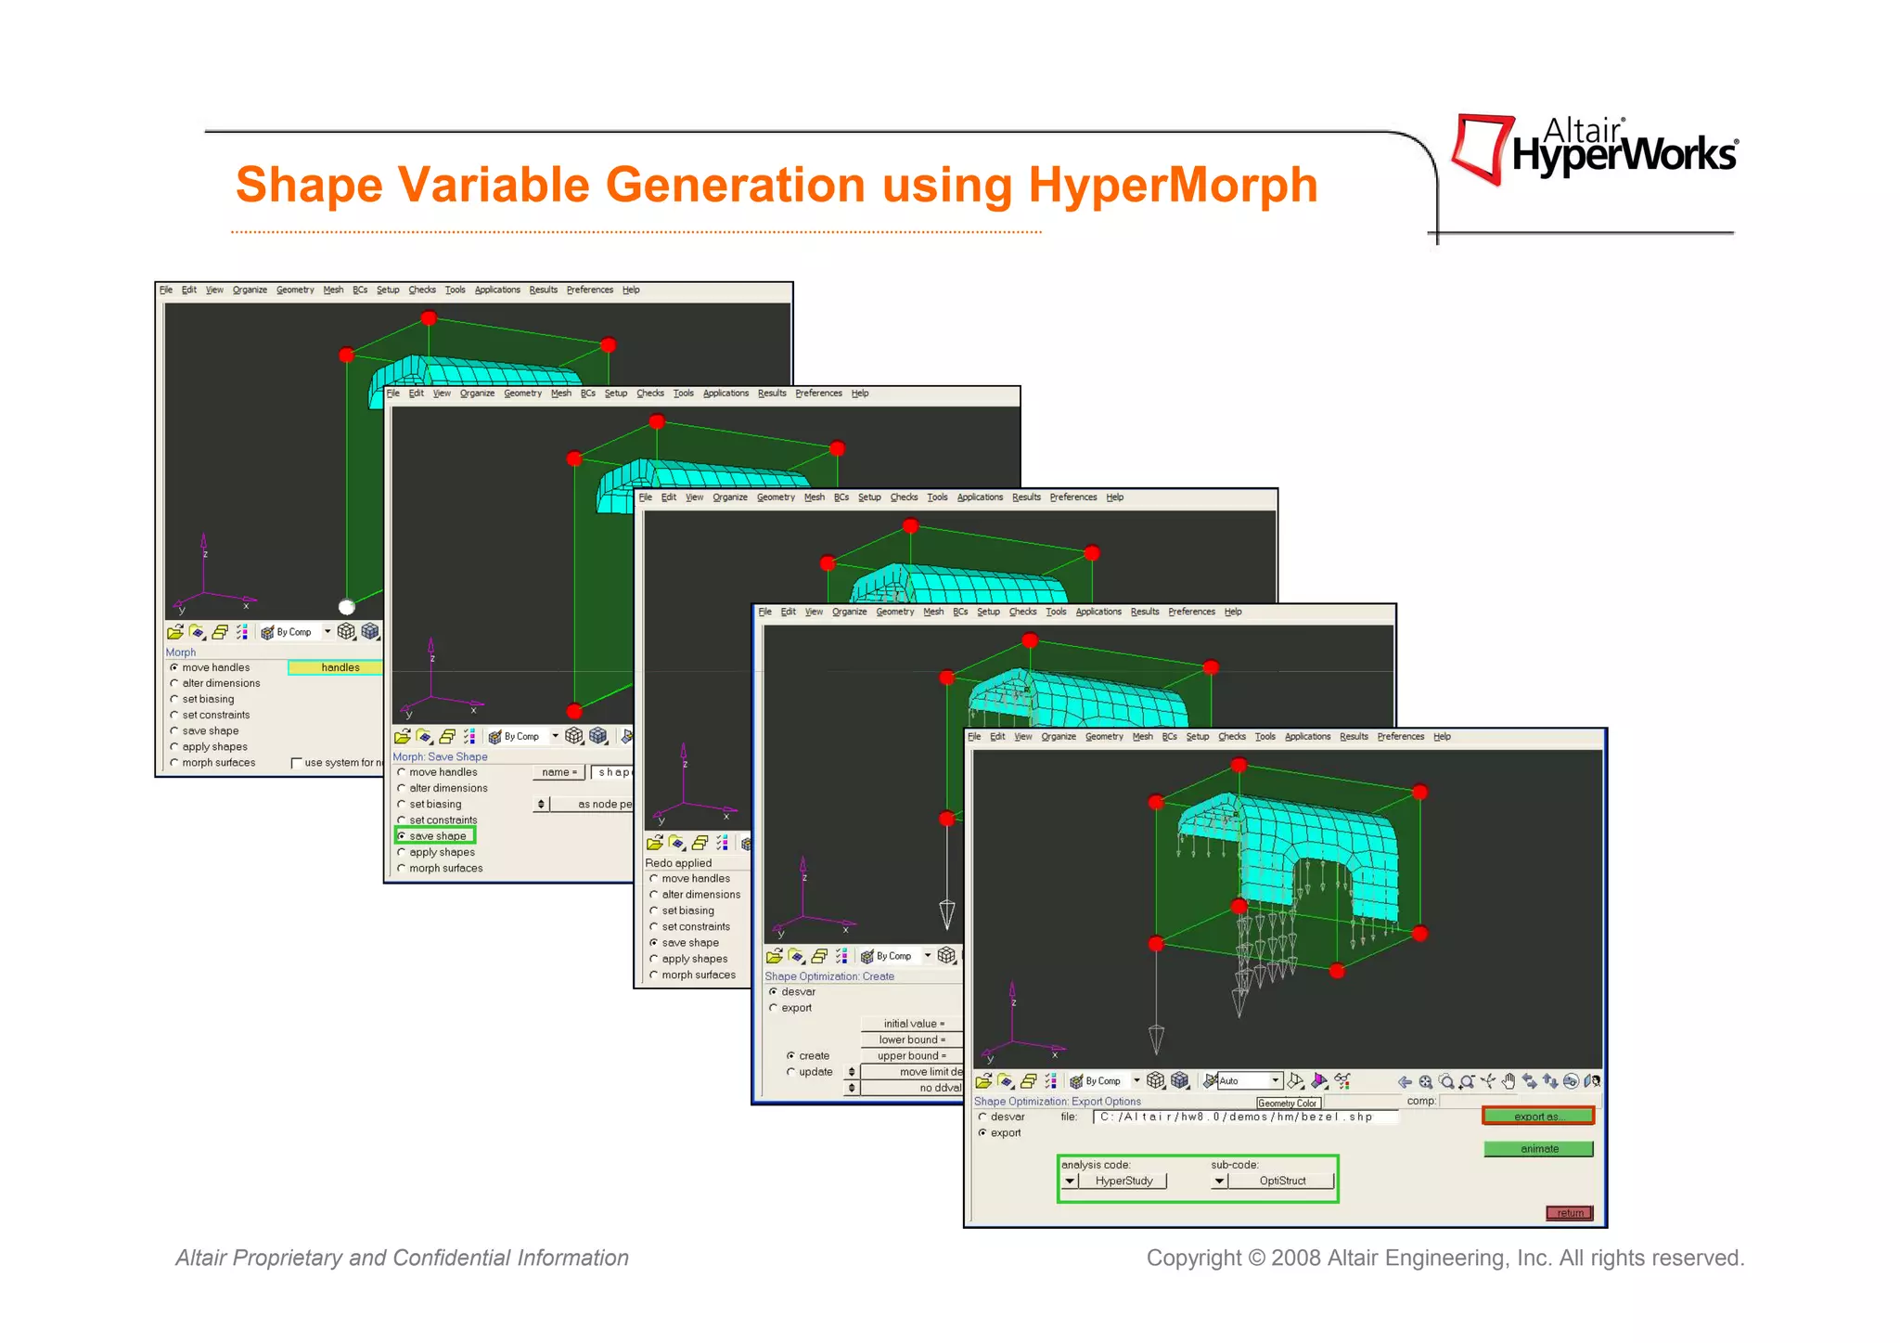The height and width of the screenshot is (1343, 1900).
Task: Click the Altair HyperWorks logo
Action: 1594,149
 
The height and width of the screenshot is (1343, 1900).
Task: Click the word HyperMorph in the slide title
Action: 1173,185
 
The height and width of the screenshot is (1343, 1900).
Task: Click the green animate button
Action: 1538,1149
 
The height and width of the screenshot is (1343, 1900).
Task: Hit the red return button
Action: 1569,1213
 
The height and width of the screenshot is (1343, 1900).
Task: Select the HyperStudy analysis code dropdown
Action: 1114,1182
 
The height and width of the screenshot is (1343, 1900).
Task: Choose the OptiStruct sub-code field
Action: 1281,1182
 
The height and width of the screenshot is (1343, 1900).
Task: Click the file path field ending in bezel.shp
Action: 1243,1117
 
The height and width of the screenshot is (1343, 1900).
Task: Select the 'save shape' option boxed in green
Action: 436,836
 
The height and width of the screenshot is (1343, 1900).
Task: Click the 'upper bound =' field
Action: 911,1056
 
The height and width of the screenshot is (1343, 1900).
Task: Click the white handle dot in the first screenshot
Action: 347,607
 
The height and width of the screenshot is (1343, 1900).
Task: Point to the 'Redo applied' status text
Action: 678,863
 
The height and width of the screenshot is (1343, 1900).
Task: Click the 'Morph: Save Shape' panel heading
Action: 440,756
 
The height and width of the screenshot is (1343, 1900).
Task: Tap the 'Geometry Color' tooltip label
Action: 1287,1104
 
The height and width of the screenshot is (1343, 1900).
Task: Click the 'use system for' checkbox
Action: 297,763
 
